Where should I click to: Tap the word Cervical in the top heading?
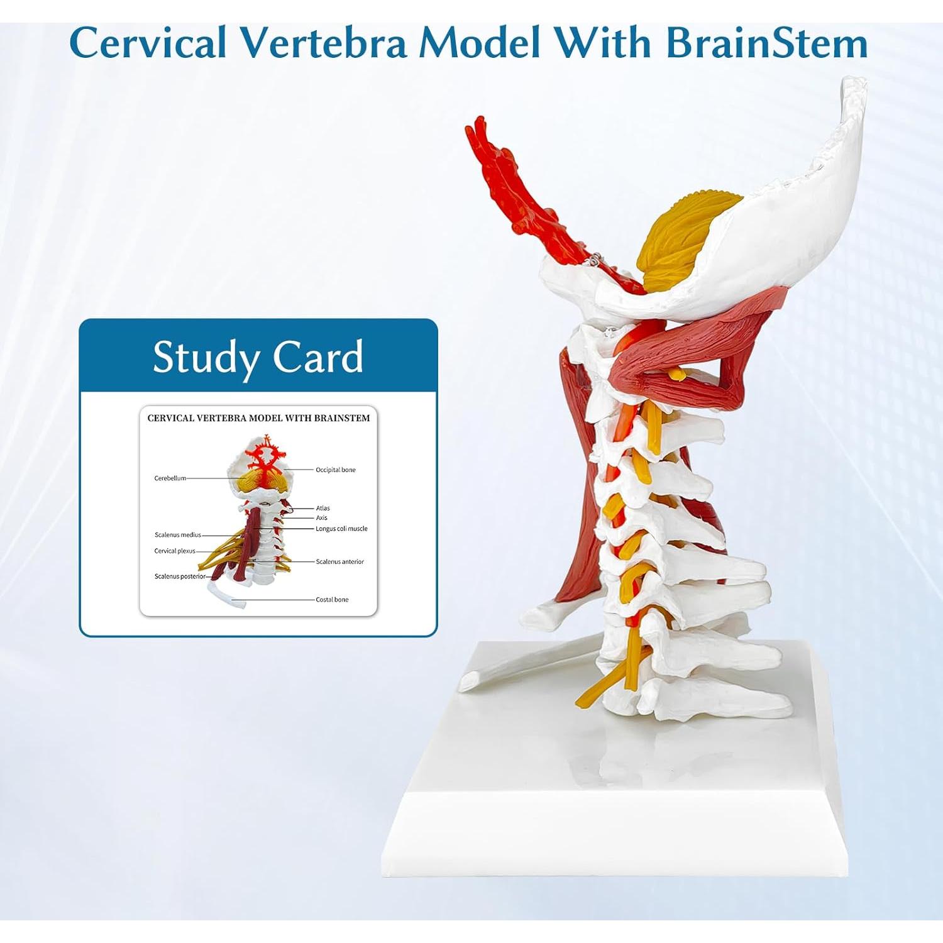[x=148, y=43]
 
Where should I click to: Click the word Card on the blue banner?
[x=317, y=356]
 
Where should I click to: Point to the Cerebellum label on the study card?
[x=170, y=478]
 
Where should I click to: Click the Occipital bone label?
[x=336, y=470]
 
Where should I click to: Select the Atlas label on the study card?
[x=323, y=508]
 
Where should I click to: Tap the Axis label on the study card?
[x=321, y=518]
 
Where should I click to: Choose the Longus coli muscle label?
[x=341, y=529]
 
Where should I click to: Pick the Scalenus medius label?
[x=178, y=535]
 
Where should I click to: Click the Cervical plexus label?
[x=175, y=551]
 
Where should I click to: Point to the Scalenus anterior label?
[x=339, y=562]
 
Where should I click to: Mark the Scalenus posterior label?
[x=180, y=576]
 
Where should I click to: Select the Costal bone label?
[x=332, y=600]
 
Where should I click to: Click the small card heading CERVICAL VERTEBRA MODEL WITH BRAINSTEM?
[x=258, y=418]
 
